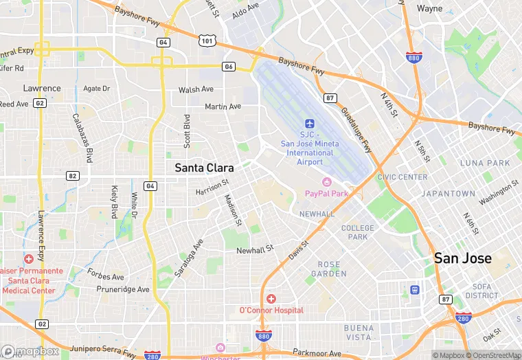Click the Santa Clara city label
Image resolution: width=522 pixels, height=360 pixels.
click(x=204, y=168)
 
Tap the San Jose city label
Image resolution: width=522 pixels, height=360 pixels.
click(x=462, y=258)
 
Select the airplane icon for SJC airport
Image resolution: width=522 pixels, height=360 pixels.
click(x=309, y=124)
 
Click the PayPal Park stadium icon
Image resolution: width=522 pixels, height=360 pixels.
click(x=326, y=182)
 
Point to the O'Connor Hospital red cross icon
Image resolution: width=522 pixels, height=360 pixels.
click(x=271, y=299)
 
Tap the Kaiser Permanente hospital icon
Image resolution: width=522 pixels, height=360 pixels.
click(x=28, y=259)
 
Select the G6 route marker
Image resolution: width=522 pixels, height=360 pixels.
click(x=229, y=66)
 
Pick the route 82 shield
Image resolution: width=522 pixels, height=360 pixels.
click(x=71, y=176)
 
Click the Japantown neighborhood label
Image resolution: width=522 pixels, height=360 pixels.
click(x=448, y=194)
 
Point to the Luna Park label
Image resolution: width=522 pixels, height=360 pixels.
click(x=485, y=163)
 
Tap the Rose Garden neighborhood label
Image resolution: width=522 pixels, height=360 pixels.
click(x=328, y=269)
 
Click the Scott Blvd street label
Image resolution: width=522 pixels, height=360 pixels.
click(x=186, y=131)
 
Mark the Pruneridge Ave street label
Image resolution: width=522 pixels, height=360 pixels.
click(x=124, y=289)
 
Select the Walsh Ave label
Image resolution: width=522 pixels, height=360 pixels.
click(x=196, y=89)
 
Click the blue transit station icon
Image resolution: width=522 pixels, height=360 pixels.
click(x=415, y=290)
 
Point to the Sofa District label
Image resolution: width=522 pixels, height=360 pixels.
click(x=481, y=291)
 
